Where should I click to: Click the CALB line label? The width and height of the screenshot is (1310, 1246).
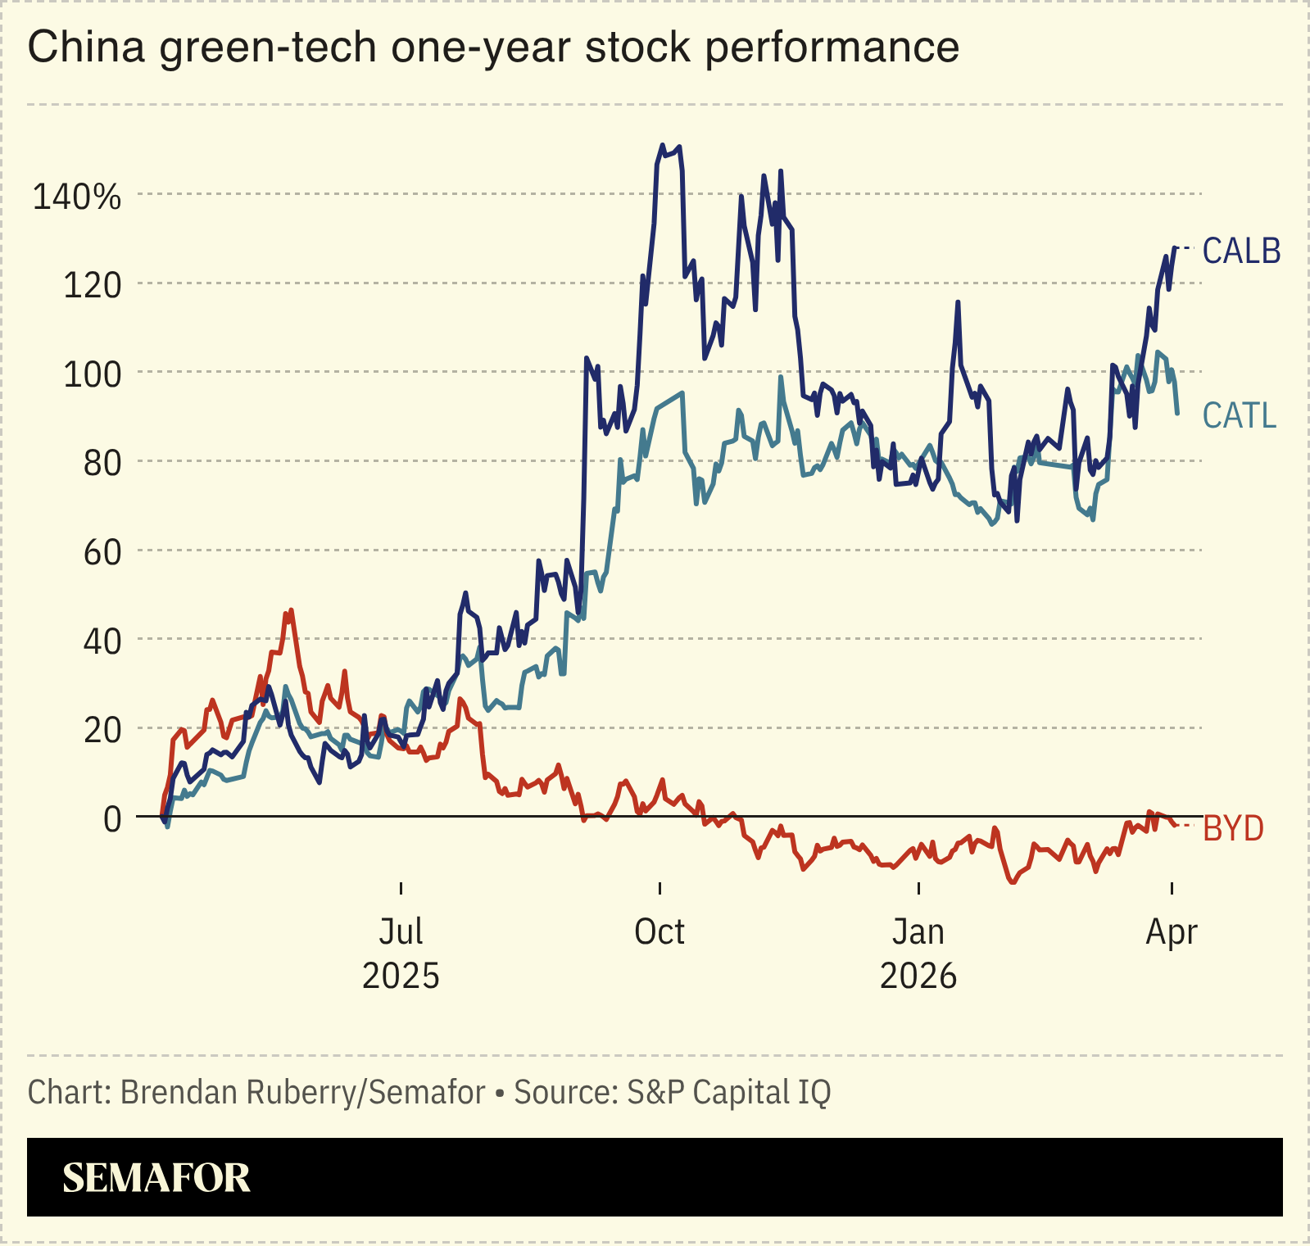(1241, 251)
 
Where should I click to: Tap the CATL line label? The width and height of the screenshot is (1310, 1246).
(1239, 416)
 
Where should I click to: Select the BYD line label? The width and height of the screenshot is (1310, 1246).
(1233, 829)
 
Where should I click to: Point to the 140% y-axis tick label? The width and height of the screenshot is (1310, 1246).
(76, 197)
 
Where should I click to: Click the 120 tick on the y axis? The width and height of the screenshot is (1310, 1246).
(92, 286)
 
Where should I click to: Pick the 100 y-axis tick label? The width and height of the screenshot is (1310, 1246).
(92, 375)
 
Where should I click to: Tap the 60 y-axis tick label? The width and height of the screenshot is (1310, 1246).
(102, 553)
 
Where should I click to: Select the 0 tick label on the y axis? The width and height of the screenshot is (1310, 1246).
(112, 818)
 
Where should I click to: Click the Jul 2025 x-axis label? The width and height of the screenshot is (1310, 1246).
(401, 954)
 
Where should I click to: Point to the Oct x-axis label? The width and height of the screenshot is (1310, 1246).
(660, 932)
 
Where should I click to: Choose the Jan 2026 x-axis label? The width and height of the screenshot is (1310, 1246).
(918, 954)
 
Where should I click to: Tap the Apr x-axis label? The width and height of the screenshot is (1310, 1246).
(1172, 932)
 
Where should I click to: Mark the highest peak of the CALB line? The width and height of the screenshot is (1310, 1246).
(662, 146)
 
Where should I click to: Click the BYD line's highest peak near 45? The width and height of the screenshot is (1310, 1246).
(289, 610)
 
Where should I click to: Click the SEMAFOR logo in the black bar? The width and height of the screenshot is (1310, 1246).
(156, 1178)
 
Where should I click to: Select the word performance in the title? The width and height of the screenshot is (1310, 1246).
(832, 47)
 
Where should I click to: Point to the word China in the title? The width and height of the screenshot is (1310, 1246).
(86, 47)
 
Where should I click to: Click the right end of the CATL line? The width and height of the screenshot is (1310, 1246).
(1177, 413)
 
